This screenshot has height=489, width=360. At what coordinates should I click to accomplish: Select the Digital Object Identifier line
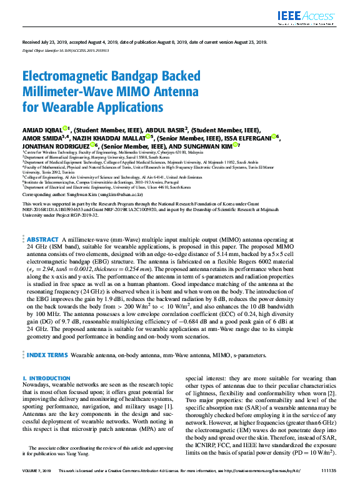65,51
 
